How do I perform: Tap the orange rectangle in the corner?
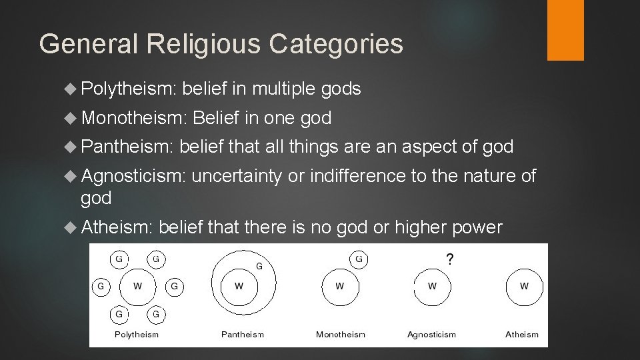pyautogui.click(x=565, y=30)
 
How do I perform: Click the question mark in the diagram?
pyautogui.click(x=450, y=259)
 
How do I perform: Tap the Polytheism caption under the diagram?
pyautogui.click(x=136, y=334)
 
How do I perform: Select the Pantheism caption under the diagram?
pyautogui.click(x=243, y=334)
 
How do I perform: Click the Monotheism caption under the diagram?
pyautogui.click(x=341, y=334)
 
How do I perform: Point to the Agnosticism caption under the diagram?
pyautogui.click(x=431, y=334)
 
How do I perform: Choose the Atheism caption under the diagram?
pyautogui.click(x=522, y=334)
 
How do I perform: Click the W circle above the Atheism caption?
pyautogui.click(x=524, y=287)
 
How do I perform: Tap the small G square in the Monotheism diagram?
pyautogui.click(x=359, y=258)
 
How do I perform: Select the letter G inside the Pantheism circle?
pyautogui.click(x=259, y=266)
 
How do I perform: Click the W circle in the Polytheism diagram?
pyautogui.click(x=137, y=287)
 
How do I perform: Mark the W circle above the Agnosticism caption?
pyautogui.click(x=432, y=287)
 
